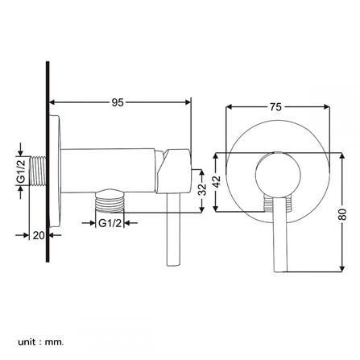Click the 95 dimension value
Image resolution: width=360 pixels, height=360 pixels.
click(x=118, y=102)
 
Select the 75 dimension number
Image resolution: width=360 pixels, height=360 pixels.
click(x=275, y=107)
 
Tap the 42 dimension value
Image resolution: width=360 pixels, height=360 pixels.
click(x=217, y=181)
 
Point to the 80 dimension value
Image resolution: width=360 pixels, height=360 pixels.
click(x=342, y=214)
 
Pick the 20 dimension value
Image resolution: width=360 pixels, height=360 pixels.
click(x=39, y=235)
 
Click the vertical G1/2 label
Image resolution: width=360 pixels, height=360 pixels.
click(x=21, y=172)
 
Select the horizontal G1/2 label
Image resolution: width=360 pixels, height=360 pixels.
click(x=110, y=223)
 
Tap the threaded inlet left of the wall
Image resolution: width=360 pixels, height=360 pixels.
click(x=37, y=171)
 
